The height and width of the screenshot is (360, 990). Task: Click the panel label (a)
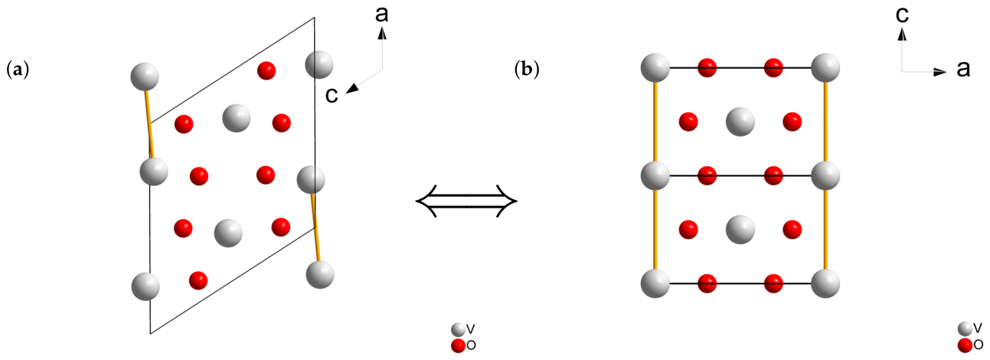pyautogui.click(x=18, y=70)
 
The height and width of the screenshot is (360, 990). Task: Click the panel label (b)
pyautogui.click(x=527, y=70)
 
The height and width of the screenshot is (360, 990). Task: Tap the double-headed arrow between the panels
pyautogui.click(x=466, y=201)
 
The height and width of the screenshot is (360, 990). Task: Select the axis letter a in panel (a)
pyautogui.click(x=382, y=14)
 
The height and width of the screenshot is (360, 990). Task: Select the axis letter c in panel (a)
pyautogui.click(x=332, y=95)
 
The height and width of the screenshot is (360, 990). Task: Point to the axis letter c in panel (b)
pyautogui.click(x=902, y=15)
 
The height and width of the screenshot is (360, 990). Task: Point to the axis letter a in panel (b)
pyautogui.click(x=963, y=70)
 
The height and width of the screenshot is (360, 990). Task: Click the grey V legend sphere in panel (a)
pyautogui.click(x=459, y=329)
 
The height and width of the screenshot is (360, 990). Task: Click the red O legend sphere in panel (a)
pyautogui.click(x=459, y=345)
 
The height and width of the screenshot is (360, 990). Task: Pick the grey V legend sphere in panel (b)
pyautogui.click(x=965, y=329)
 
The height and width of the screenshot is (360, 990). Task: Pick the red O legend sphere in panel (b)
pyautogui.click(x=965, y=345)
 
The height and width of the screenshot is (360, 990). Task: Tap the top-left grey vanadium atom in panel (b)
pyautogui.click(x=655, y=67)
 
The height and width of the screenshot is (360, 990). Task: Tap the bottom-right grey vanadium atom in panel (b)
pyautogui.click(x=825, y=283)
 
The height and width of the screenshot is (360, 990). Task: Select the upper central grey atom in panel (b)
pyautogui.click(x=740, y=122)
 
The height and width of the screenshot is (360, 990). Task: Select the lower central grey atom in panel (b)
pyautogui.click(x=740, y=230)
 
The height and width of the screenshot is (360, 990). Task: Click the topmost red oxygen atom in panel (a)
pyautogui.click(x=266, y=70)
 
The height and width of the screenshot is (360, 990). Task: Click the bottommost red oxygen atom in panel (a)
pyautogui.click(x=198, y=280)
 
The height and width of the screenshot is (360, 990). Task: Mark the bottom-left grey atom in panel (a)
pyautogui.click(x=145, y=286)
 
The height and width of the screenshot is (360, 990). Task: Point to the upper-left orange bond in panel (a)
pyautogui.click(x=149, y=124)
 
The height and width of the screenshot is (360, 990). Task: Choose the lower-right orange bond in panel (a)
pyautogui.click(x=315, y=227)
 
